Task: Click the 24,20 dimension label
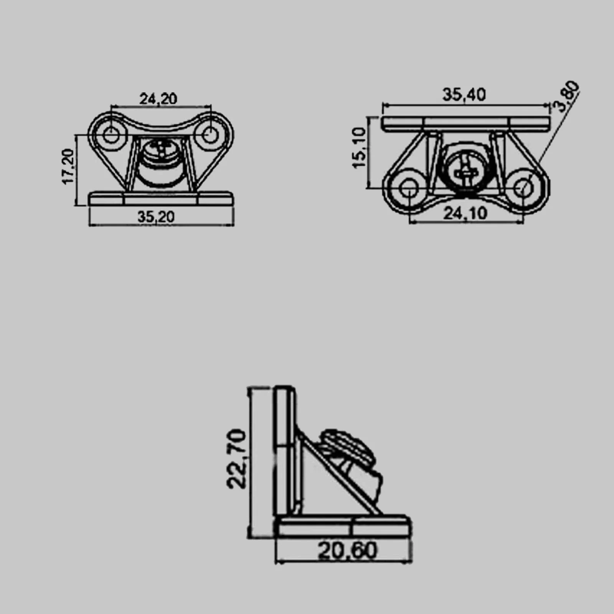point(158,99)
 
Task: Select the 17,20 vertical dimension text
point(69,166)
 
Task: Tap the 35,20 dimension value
point(156,217)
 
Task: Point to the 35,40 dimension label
point(464,94)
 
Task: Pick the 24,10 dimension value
point(465,213)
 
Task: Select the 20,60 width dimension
point(348,551)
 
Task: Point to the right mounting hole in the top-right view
point(523,188)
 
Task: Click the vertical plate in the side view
point(286,451)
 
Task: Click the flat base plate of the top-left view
point(161,199)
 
